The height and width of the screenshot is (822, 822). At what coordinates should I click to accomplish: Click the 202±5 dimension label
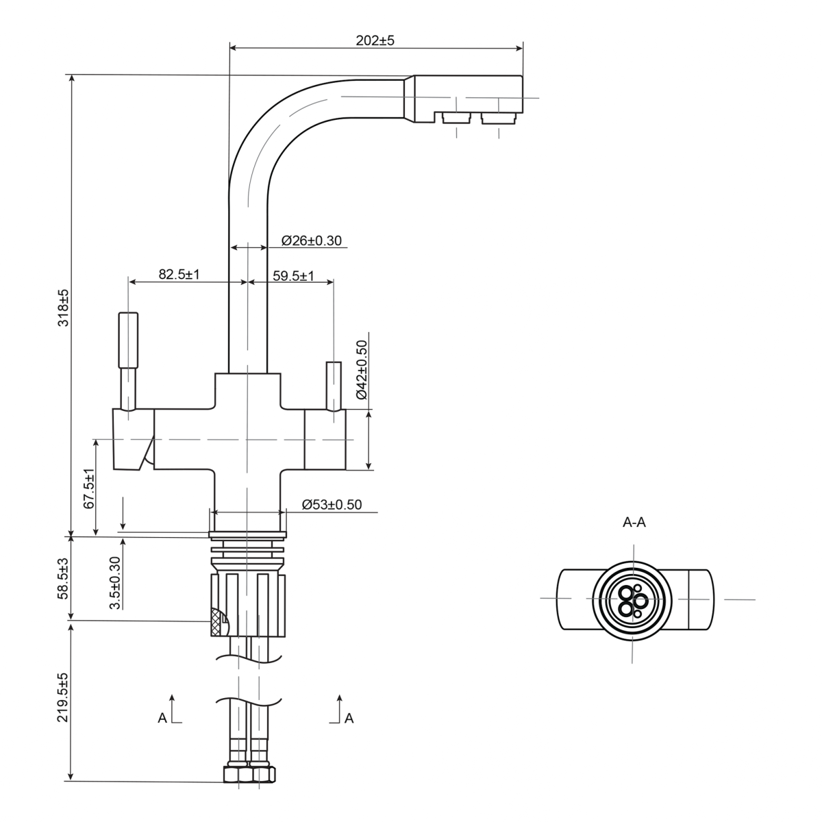pyautogui.click(x=375, y=40)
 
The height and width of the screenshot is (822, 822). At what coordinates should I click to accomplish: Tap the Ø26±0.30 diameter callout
pyautogui.click(x=312, y=240)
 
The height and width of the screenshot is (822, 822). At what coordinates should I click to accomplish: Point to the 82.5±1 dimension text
pyautogui.click(x=179, y=275)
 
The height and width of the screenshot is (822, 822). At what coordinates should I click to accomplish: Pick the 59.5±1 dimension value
pyautogui.click(x=293, y=276)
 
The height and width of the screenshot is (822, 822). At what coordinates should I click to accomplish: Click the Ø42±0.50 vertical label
pyautogui.click(x=362, y=370)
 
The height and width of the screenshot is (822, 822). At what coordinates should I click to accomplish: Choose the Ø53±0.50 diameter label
pyautogui.click(x=332, y=506)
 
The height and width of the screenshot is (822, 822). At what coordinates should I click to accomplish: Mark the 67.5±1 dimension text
pyautogui.click(x=88, y=489)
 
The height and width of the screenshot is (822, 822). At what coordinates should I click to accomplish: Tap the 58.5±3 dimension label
pyautogui.click(x=62, y=580)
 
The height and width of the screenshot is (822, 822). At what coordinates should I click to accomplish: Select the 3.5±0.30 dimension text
pyautogui.click(x=116, y=582)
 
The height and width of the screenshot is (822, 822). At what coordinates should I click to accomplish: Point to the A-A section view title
pyautogui.click(x=634, y=523)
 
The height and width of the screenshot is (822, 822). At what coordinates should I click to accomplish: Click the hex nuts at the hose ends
pyautogui.click(x=249, y=774)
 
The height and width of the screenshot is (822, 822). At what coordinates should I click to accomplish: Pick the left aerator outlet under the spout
pyautogui.click(x=456, y=119)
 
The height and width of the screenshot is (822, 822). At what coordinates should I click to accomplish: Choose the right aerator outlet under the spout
pyautogui.click(x=498, y=119)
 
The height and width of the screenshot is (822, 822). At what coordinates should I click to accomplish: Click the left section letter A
pyautogui.click(x=162, y=718)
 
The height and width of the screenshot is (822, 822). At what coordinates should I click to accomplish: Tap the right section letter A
pyautogui.click(x=349, y=718)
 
